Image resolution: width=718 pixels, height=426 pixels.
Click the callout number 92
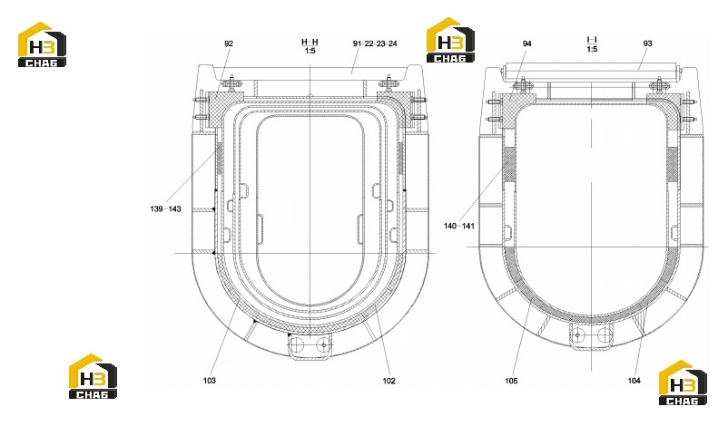229,44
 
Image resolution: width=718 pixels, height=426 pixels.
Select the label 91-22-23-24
375,44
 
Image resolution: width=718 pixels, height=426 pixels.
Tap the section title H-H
310,42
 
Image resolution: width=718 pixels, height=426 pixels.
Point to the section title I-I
592,40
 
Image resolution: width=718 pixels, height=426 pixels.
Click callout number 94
527,44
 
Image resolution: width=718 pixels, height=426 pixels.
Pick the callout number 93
647,44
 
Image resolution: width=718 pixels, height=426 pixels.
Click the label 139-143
165,208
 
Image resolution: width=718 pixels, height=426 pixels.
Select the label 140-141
458,226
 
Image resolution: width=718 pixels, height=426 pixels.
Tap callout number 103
210,381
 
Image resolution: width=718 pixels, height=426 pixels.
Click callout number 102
389,381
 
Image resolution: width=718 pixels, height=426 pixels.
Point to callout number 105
511,381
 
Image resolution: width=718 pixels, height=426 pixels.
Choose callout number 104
634,381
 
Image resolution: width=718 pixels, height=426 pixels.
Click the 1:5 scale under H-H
310,51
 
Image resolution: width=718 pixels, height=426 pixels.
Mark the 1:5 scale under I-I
592,49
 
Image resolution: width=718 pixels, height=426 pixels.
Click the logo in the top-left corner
42,44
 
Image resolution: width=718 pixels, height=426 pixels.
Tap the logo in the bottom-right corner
683,382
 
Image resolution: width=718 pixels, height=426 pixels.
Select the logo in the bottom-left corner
93,376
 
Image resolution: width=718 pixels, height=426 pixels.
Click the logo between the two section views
450,40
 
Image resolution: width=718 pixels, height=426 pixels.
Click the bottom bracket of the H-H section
310,347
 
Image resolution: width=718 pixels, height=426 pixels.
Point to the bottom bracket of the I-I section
591,337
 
